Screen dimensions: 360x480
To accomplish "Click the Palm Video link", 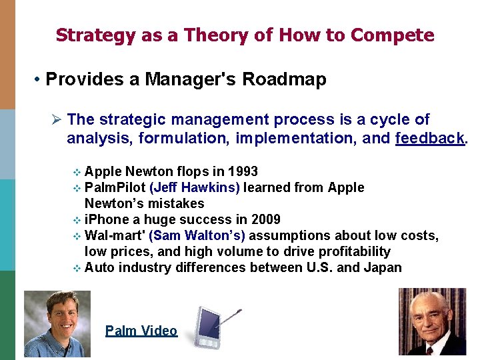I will (141, 331).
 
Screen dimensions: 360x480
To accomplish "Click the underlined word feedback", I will (431, 139).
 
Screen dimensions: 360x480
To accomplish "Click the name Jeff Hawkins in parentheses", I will (195, 187).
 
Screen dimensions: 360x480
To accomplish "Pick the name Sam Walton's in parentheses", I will (197, 235).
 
